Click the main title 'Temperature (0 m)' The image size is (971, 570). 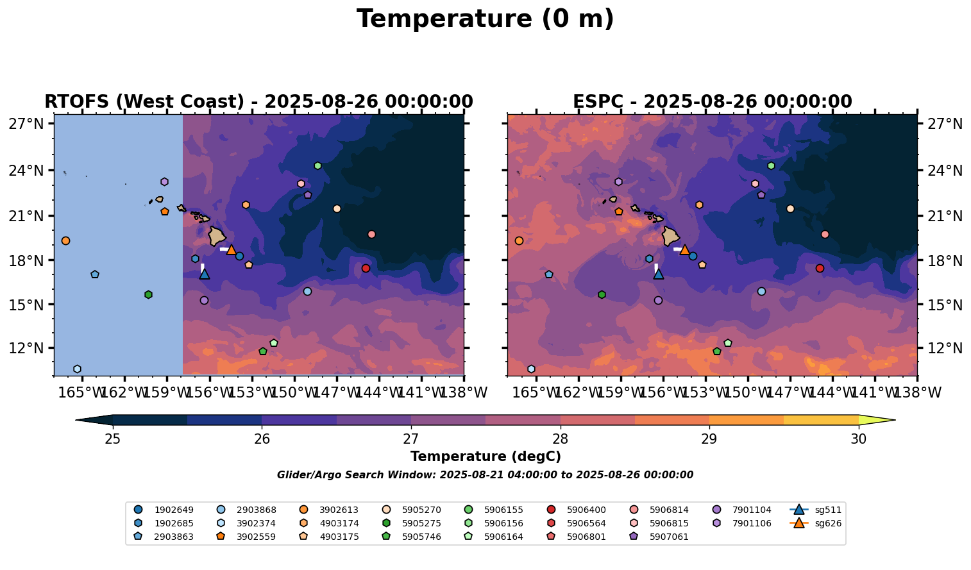pos(485,19)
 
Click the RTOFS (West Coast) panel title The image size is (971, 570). pos(259,101)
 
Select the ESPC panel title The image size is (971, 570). pos(712,101)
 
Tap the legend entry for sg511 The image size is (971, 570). pos(815,510)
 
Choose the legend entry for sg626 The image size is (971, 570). pos(815,523)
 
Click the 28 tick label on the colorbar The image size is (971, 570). pos(560,439)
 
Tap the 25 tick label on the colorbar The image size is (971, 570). pos(113,439)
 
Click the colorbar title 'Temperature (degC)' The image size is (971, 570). pos(485,457)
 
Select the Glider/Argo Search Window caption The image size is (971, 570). pos(485,475)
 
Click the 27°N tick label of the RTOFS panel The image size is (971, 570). pos(26,124)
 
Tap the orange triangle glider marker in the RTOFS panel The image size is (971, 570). pos(231,249)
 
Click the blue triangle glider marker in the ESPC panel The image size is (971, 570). pos(659,274)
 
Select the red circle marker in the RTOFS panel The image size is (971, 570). pos(366,268)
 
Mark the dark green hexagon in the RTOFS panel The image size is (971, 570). pos(148,295)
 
